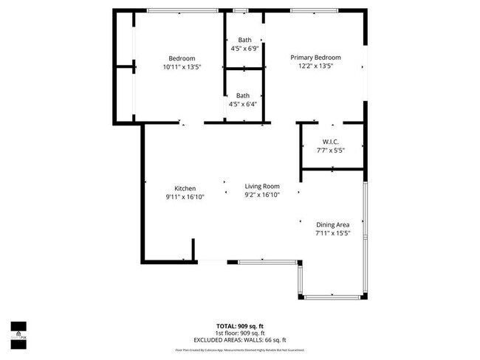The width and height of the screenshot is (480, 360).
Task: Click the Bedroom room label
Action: (x=182, y=59)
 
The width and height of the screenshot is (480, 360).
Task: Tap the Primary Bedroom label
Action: (x=315, y=58)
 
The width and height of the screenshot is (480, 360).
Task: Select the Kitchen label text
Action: (x=185, y=188)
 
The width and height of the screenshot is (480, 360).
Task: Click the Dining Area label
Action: (x=332, y=224)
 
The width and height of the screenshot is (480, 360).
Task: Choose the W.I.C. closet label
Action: (x=330, y=142)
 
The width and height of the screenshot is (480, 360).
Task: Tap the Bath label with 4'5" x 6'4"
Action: (x=243, y=95)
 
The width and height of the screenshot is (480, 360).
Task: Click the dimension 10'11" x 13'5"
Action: (x=182, y=67)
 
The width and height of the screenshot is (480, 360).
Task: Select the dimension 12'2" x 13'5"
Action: (x=315, y=66)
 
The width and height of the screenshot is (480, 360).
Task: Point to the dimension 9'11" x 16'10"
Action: (x=185, y=197)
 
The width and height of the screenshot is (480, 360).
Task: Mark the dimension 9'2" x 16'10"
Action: (x=262, y=195)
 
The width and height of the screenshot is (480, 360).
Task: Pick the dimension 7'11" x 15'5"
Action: (x=332, y=233)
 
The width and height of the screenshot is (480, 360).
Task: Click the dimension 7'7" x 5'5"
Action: (x=330, y=150)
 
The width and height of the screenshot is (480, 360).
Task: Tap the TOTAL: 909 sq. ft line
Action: (x=239, y=325)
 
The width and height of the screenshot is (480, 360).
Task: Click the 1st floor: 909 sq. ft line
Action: (x=239, y=332)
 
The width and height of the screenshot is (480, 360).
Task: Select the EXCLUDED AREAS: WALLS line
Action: (x=239, y=339)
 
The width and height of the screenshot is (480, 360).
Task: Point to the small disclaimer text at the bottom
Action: (x=239, y=350)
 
